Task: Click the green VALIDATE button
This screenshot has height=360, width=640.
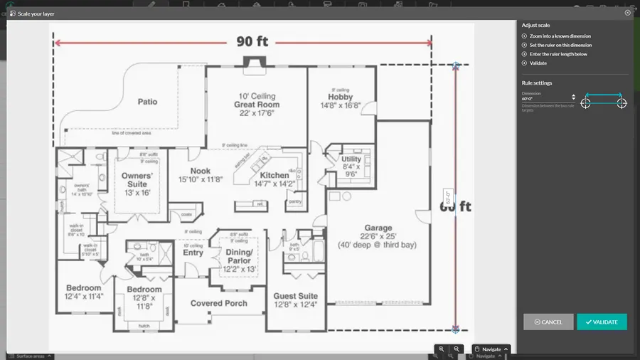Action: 602,322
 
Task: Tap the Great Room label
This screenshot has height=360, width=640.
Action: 257,105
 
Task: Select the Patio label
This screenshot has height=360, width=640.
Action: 147,102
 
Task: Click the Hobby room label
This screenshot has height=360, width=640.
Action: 341,97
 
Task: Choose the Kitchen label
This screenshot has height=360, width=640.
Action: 274,175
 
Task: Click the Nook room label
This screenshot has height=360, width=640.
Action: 200,171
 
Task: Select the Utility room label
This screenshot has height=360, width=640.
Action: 351,159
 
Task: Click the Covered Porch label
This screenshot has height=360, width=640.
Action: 219,303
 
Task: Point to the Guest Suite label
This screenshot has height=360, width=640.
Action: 296,296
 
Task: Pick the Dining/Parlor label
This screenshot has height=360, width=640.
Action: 239,256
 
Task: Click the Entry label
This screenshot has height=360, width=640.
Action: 193,253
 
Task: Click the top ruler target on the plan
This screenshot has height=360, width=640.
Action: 456,65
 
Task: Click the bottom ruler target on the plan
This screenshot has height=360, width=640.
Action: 456,329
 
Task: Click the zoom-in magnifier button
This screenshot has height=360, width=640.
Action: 442,349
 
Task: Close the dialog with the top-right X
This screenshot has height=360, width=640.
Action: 627,13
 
